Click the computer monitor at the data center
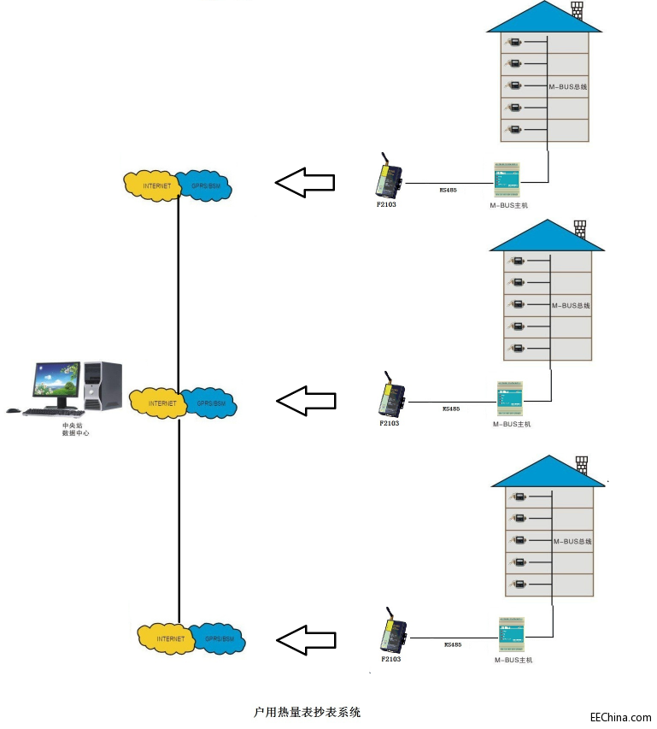(x=57, y=383)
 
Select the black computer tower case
(x=102, y=385)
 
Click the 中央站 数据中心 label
(x=75, y=429)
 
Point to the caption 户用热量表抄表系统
(x=308, y=711)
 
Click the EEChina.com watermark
(x=620, y=717)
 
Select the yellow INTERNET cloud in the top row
(x=154, y=185)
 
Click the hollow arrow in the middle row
(x=307, y=401)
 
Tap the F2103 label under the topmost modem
(x=385, y=204)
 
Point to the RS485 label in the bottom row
(x=453, y=644)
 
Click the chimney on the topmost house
(x=577, y=10)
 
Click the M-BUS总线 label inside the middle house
(x=571, y=305)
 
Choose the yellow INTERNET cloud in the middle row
(x=159, y=403)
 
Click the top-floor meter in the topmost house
(x=514, y=42)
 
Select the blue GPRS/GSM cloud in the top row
(x=205, y=185)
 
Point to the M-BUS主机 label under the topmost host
(x=508, y=206)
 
